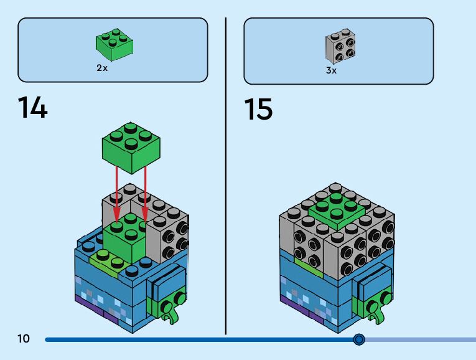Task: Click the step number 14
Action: coord(32,108)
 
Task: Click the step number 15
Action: coord(258,110)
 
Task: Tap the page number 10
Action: coord(24,339)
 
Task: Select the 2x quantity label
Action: coord(102,68)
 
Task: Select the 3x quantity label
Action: coord(331,70)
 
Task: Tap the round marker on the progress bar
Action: coord(359,339)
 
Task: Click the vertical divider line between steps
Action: coord(225,174)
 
